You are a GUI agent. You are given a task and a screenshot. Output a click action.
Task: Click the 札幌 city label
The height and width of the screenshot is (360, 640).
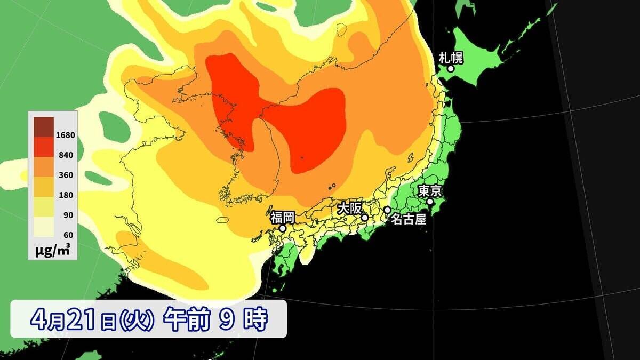click(x=450, y=57)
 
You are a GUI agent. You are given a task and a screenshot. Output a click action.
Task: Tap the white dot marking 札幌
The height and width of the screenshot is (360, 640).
click(x=451, y=69)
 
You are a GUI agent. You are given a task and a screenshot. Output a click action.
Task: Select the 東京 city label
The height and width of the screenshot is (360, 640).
click(x=429, y=191)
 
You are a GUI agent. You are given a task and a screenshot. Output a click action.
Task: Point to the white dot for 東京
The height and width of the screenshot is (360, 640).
click(x=430, y=202)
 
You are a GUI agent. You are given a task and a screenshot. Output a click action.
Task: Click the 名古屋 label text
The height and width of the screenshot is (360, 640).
click(x=409, y=219)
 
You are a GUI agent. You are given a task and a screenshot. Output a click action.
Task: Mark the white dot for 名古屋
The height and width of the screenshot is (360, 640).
click(x=387, y=210)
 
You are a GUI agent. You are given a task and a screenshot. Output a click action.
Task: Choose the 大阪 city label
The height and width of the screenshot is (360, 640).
click(x=348, y=208)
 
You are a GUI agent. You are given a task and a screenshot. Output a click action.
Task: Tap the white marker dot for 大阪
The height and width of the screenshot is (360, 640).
click(x=365, y=218)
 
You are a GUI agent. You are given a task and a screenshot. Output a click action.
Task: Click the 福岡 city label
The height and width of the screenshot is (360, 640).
click(x=282, y=217)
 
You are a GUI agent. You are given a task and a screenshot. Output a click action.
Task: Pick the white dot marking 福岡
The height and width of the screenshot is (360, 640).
click(x=283, y=228)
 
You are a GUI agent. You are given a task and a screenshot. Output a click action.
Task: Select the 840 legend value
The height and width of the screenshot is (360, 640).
click(x=67, y=155)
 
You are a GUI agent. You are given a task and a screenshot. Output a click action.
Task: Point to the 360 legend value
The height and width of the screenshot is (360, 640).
click(x=67, y=175)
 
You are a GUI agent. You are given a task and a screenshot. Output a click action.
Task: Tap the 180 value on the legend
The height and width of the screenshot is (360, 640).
click(x=67, y=195)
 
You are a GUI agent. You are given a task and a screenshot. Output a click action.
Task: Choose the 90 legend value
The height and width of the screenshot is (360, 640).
click(x=68, y=215)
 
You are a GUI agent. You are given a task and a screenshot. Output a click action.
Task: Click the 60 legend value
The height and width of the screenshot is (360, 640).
click(x=68, y=235)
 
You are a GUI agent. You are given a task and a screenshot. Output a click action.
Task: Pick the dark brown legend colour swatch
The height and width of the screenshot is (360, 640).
click(x=44, y=126)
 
